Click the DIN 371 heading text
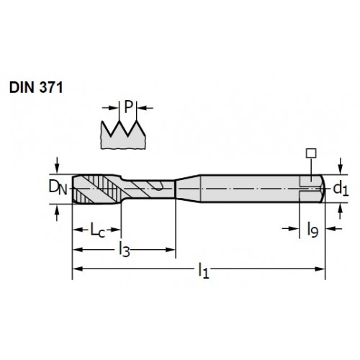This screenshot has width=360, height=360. click(x=36, y=87)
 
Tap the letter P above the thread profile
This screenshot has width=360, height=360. click(x=128, y=107)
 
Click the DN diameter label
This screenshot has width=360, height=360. click(x=58, y=187)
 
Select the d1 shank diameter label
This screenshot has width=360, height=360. click(x=341, y=189)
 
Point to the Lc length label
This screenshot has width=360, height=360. click(x=97, y=230)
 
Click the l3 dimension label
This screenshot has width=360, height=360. click(x=125, y=250)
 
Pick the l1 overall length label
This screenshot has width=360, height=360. click(x=204, y=271)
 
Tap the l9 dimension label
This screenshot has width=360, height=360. click(x=312, y=230)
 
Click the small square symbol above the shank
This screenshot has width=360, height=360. click(x=311, y=153)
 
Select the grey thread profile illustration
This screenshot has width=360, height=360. click(x=123, y=135)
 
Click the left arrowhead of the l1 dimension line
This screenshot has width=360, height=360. click(x=78, y=269)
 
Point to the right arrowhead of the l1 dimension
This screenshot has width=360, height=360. click(x=320, y=269)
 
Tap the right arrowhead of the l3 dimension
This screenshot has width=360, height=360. click(x=171, y=250)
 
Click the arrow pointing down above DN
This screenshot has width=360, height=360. click(x=57, y=165)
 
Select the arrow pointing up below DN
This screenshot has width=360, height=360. click(x=57, y=212)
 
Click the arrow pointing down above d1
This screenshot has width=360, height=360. click(x=341, y=166)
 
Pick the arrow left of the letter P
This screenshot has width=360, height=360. click(x=111, y=108)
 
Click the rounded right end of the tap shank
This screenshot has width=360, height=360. click(x=323, y=189)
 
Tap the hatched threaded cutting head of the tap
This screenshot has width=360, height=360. click(x=96, y=189)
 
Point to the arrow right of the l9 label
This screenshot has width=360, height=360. click(x=334, y=229)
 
